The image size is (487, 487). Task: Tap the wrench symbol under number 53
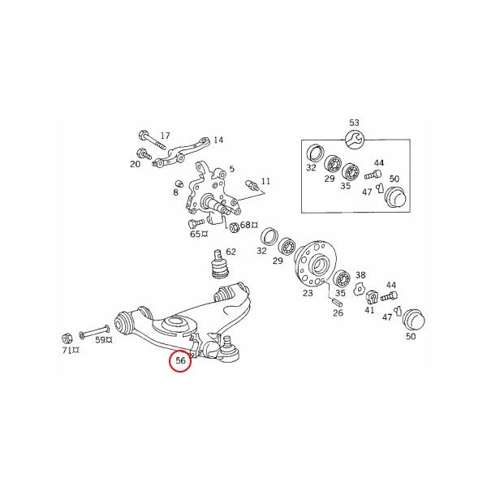click(x=354, y=139)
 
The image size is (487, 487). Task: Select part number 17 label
click(x=165, y=136)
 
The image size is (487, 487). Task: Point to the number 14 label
click(x=218, y=140)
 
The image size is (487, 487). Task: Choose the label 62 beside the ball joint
click(x=231, y=252)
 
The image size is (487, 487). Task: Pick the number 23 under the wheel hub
click(x=307, y=294)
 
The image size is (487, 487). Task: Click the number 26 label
click(x=338, y=312)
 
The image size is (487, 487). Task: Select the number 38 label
click(x=360, y=275)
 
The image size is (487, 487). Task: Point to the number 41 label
click(x=369, y=310)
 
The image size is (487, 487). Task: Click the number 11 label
click(x=265, y=181)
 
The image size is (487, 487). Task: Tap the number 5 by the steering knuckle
click(x=231, y=169)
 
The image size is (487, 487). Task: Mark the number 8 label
click(x=175, y=193)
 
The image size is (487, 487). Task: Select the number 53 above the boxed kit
click(x=354, y=123)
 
